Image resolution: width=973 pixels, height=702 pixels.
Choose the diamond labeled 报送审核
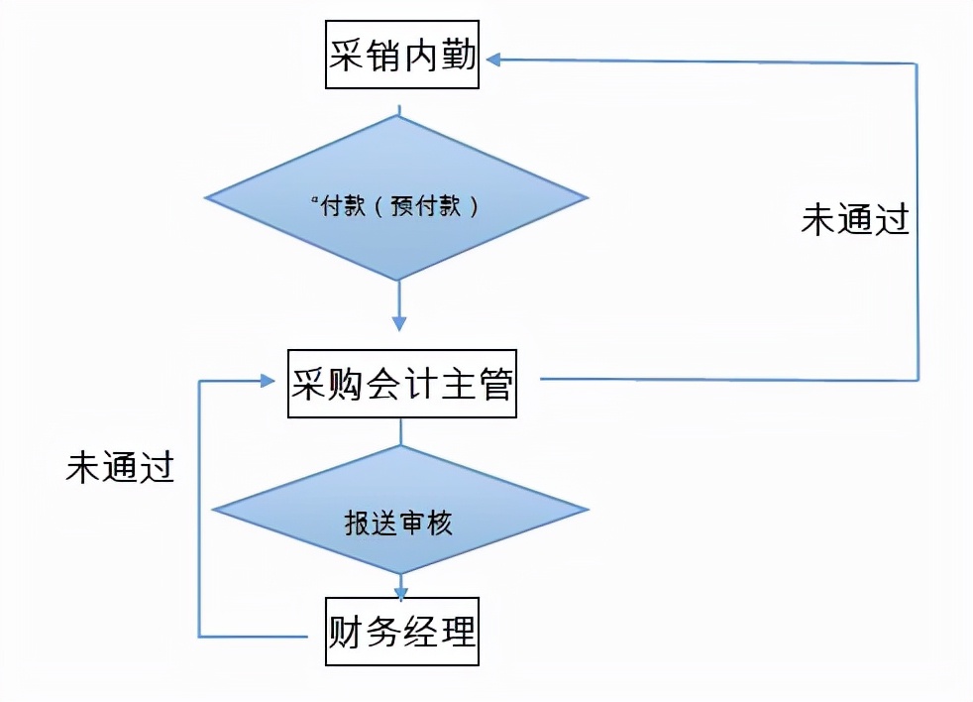pos(400,510)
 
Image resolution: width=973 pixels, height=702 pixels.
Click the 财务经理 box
pos(402,631)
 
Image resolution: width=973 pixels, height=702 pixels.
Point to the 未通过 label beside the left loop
pos(120,466)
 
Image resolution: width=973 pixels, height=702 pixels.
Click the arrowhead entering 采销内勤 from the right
pos(493,60)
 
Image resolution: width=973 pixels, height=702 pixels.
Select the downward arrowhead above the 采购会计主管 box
pos(399,323)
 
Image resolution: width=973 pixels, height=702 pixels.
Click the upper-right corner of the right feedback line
pos(917,63)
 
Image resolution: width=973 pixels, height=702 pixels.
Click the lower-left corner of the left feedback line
pos(200,636)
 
